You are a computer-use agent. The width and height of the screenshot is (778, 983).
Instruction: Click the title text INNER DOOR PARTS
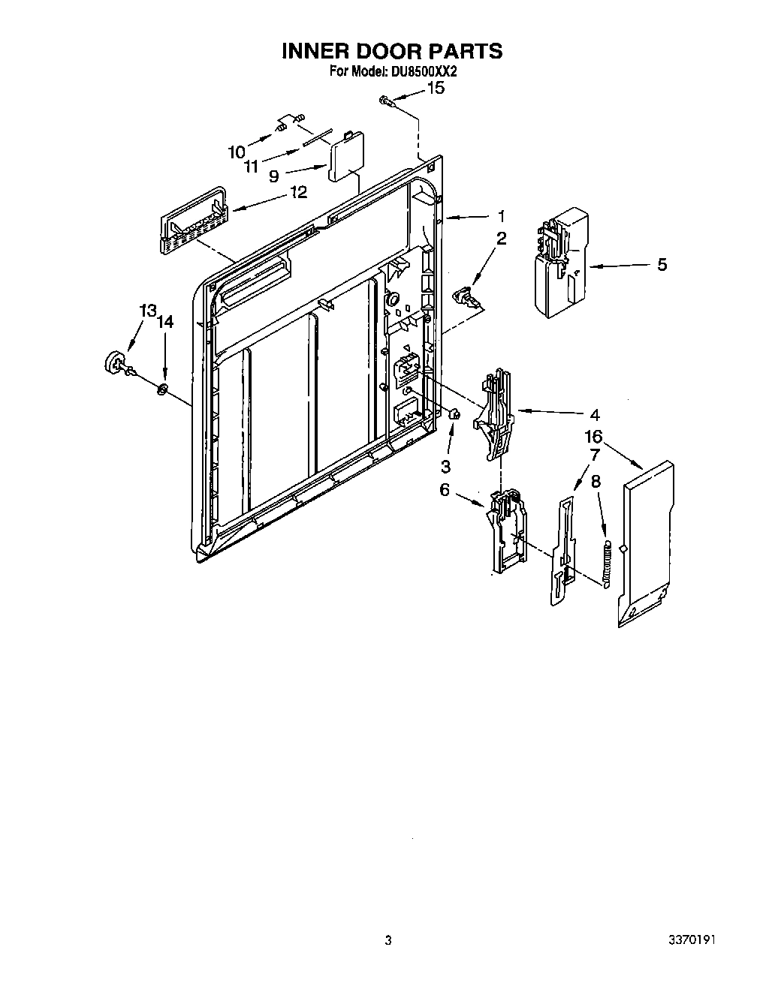391,51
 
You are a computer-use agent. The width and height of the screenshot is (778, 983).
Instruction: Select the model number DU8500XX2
423,72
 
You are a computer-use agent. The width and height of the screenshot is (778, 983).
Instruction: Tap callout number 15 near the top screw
435,88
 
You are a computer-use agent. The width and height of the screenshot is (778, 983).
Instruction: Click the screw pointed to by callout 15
385,100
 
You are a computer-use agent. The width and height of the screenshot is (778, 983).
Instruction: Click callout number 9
274,176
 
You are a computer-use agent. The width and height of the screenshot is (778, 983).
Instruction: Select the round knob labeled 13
115,361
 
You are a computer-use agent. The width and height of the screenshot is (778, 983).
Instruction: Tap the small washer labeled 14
163,389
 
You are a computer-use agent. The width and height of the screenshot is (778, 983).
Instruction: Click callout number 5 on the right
662,264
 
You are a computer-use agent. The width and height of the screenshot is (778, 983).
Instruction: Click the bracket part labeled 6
506,528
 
